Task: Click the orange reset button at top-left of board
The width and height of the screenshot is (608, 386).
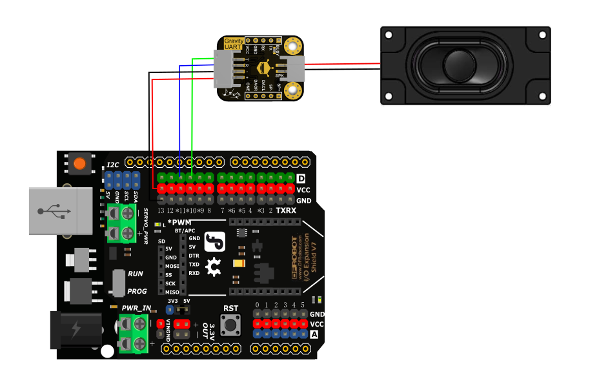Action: pyautogui.click(x=79, y=164)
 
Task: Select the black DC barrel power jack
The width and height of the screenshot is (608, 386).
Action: pyautogui.click(x=76, y=330)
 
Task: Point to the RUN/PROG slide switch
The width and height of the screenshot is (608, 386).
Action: pyautogui.click(x=117, y=283)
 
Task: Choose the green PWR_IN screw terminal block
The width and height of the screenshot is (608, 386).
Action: pyautogui.click(x=132, y=333)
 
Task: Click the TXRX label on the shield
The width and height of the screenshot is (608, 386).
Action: pyautogui.click(x=286, y=210)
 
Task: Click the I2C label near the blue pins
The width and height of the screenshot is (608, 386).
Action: pyautogui.click(x=113, y=165)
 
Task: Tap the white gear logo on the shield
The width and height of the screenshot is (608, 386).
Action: pyautogui.click(x=214, y=263)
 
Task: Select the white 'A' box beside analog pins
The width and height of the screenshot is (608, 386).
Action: pyautogui.click(x=314, y=334)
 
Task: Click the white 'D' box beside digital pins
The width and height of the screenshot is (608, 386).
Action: pyautogui.click(x=301, y=178)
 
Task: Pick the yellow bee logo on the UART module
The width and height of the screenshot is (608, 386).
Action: pyautogui.click(x=263, y=68)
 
